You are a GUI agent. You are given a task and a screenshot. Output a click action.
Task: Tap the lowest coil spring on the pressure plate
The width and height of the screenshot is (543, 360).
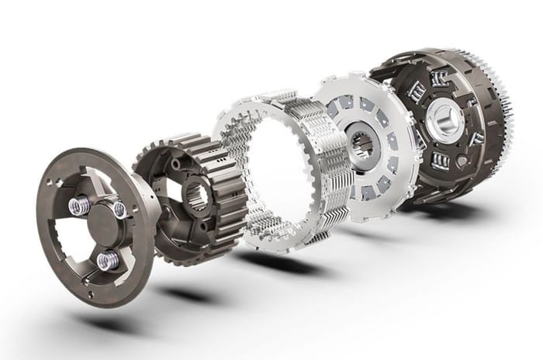tap(108, 260)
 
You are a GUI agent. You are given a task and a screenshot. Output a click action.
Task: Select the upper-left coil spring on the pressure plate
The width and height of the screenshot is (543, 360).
tap(79, 206)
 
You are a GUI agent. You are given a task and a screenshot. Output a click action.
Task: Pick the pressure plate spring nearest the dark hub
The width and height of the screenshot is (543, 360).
tap(120, 209)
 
